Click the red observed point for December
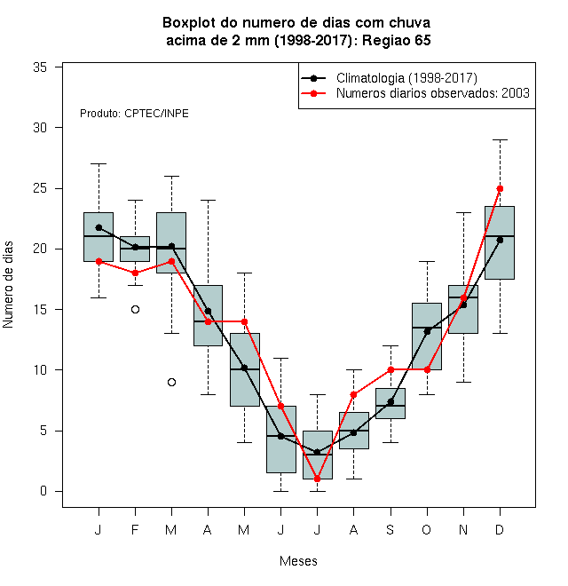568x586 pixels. pos(500,189)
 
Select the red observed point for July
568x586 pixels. pos(317,479)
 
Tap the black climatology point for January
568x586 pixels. pos(99,227)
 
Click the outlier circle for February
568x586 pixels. pos(135,310)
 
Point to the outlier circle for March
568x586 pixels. pos(171,383)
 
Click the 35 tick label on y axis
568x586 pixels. pos(40,67)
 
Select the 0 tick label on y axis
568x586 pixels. pos(43,491)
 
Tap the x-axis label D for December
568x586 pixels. pos(500,529)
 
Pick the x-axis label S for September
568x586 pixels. pos(390,529)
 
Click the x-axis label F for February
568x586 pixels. pos(135,529)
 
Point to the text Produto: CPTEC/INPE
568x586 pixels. pos(134,114)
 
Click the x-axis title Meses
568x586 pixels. pos(298,561)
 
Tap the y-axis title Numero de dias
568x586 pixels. pos(8,285)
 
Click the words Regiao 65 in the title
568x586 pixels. pos(397,40)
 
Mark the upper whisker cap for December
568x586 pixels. pos(500,139)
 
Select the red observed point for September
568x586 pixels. pos(390,369)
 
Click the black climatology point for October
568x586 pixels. pos(427,331)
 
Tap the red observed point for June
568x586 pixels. pos(280,406)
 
